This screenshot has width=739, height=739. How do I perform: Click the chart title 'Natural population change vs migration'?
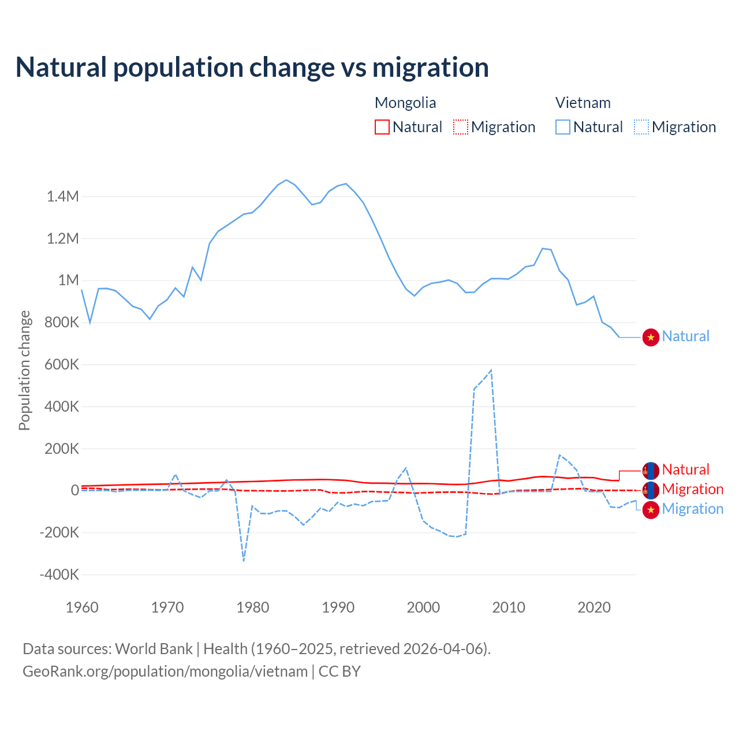252,68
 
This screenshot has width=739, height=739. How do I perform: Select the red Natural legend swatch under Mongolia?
382,127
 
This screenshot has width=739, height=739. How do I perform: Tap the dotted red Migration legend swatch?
461,127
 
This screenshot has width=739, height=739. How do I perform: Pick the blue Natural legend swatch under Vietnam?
563,127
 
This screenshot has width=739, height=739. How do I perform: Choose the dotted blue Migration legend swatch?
641,127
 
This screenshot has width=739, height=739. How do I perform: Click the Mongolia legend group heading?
405,103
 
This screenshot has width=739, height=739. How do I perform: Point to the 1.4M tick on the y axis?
63,197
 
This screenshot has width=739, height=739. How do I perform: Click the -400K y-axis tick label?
59,575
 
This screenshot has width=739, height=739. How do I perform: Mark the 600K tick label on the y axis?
61,365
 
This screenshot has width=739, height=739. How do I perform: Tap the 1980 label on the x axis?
253,607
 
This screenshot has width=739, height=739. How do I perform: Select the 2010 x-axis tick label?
509,607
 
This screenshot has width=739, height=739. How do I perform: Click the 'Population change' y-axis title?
24,371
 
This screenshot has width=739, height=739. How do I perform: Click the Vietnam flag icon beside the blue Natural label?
651,337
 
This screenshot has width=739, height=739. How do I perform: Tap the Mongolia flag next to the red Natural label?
651,471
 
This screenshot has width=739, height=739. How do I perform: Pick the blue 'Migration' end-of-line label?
692,509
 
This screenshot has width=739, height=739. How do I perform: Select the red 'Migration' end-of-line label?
692,490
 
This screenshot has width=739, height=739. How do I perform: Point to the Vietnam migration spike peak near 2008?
491,371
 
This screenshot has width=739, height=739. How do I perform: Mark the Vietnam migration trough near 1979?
244,560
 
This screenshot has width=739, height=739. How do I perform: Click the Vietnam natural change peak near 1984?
286,180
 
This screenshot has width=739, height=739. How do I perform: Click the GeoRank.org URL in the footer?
165,671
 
